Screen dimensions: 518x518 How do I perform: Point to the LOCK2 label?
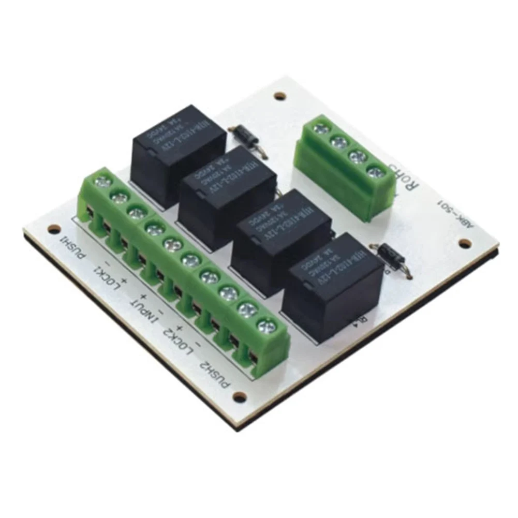(179, 340)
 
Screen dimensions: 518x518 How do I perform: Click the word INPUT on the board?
(147, 309)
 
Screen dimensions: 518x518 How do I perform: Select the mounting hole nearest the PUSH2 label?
(239, 397)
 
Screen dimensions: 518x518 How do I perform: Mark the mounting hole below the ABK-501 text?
(463, 242)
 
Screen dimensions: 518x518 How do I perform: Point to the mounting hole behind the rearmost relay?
(279, 96)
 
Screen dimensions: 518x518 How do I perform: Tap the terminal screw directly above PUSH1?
(104, 182)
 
